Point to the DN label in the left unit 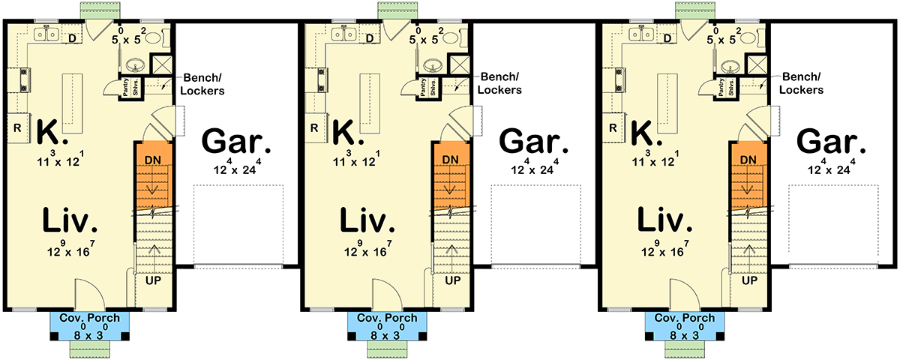point(153,160)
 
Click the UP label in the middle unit point(452,280)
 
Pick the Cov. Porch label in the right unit point(685,318)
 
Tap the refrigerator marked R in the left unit point(16,127)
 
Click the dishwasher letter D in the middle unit point(370,38)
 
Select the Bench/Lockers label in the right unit point(802,83)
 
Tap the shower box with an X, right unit point(758,64)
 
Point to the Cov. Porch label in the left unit point(89,318)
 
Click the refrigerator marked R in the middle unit point(314,127)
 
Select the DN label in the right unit point(748,160)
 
